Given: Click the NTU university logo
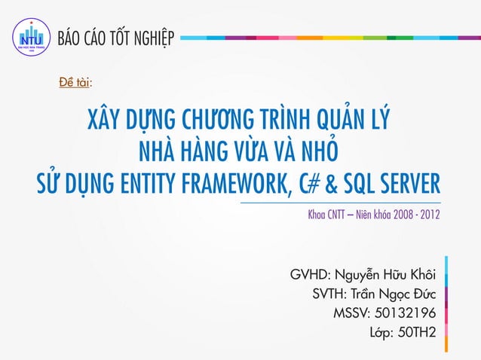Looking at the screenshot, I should point(31,36).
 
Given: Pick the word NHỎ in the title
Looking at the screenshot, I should point(315,152).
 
